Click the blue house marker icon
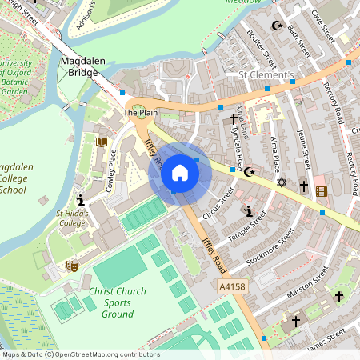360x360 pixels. [x=180, y=173]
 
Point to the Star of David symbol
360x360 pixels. [x=281, y=182]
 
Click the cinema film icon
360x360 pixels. [x=322, y=191]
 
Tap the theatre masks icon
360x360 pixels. [x=71, y=264]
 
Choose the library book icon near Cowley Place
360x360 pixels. [x=101, y=142]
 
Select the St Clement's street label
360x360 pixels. [x=268, y=75]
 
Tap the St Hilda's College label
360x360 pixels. [x=71, y=218]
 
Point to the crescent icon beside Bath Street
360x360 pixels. [x=278, y=26]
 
